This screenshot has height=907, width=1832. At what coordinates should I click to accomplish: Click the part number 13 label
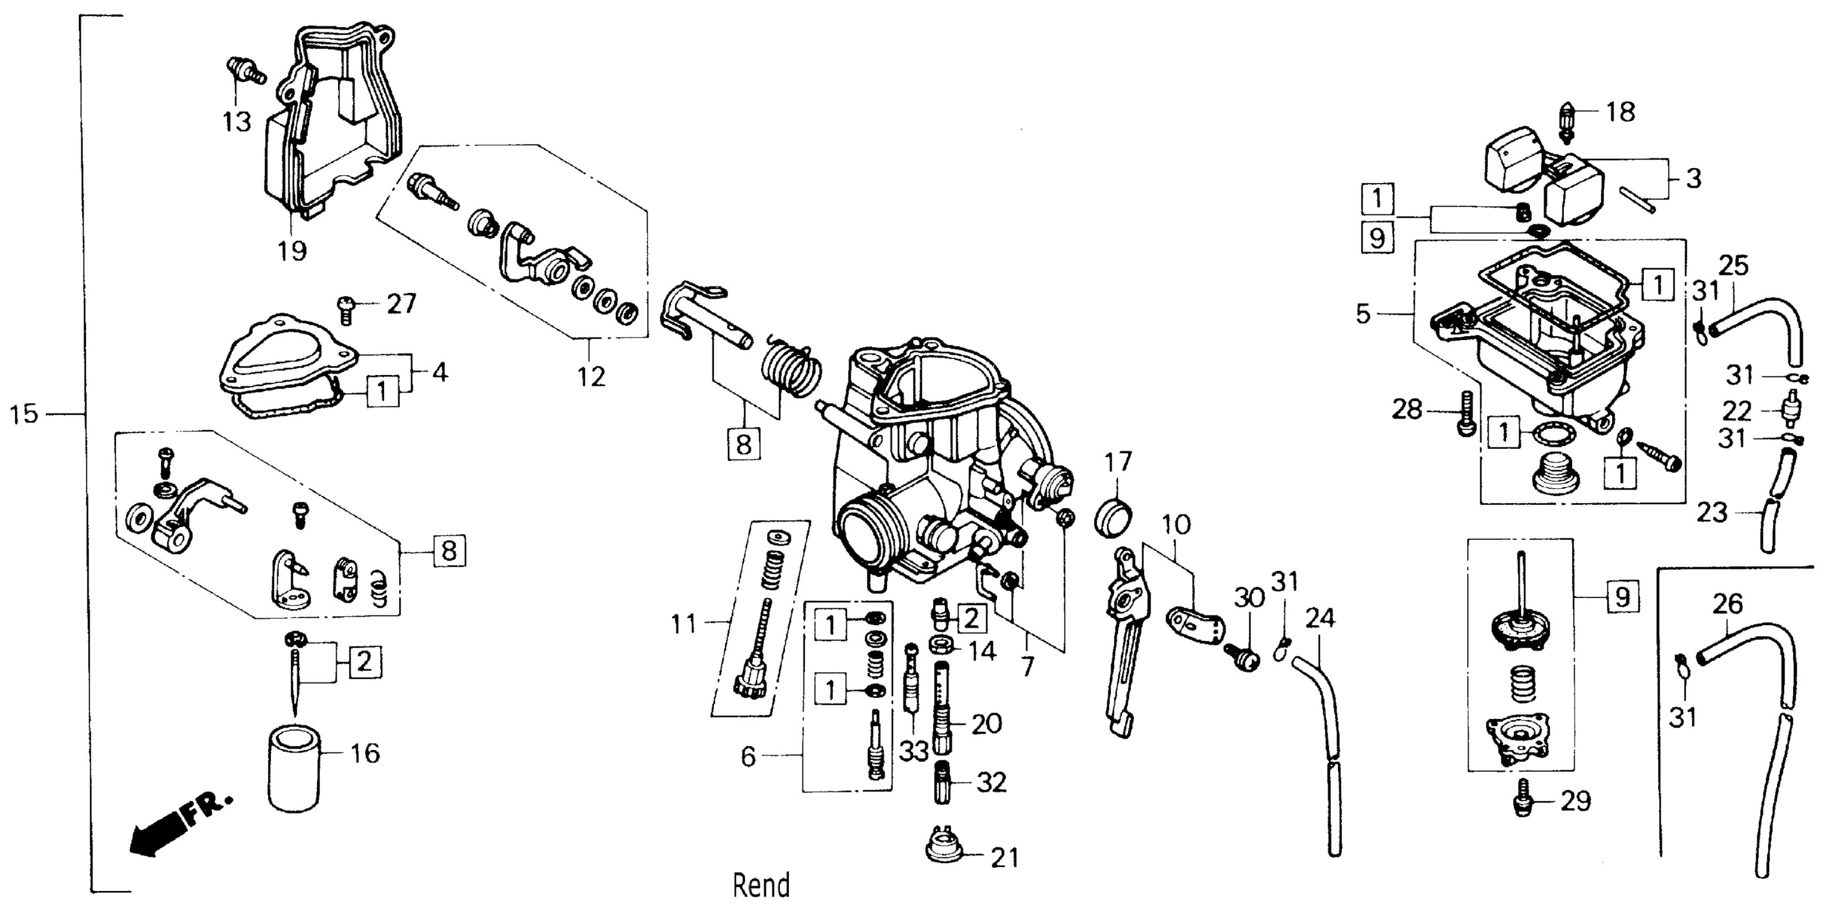[x=236, y=122]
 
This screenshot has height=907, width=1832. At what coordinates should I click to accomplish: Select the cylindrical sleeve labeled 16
[x=294, y=768]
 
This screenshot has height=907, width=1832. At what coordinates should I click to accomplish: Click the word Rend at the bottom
[x=761, y=886]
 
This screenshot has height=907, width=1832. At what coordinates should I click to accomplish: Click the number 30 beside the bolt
[x=1249, y=598]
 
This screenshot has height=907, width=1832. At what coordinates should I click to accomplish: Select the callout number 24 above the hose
[x=1319, y=618]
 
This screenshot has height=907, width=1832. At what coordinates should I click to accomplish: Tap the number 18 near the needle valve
[x=1620, y=112]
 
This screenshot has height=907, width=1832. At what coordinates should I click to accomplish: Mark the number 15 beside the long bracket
[x=23, y=413]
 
